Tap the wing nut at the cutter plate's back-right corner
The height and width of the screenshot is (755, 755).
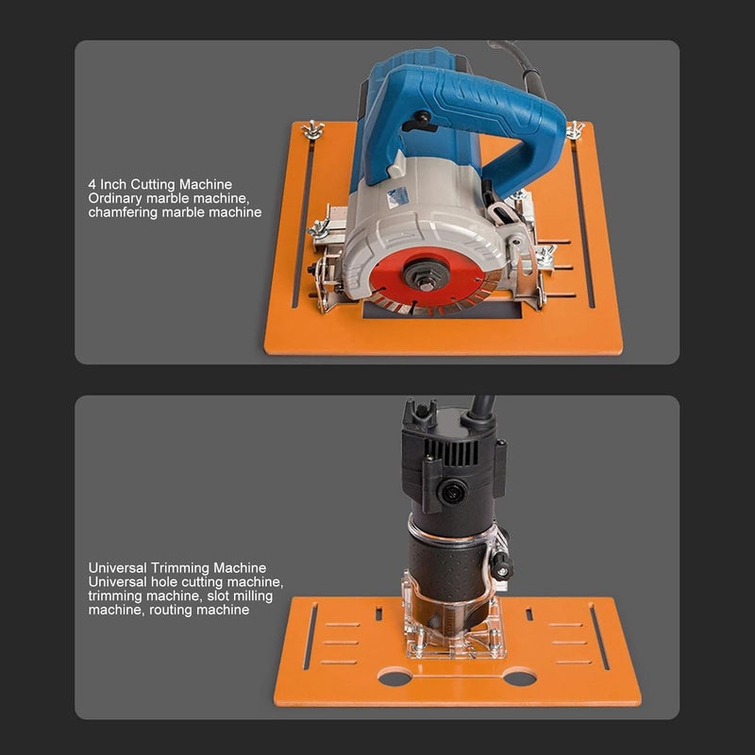pyautogui.click(x=575, y=130)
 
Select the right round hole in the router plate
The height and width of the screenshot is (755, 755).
pyautogui.click(x=519, y=677)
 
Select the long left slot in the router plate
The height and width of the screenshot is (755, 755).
pyautogui.click(x=308, y=636)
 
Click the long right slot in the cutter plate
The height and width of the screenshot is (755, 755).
pyautogui.click(x=584, y=226)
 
